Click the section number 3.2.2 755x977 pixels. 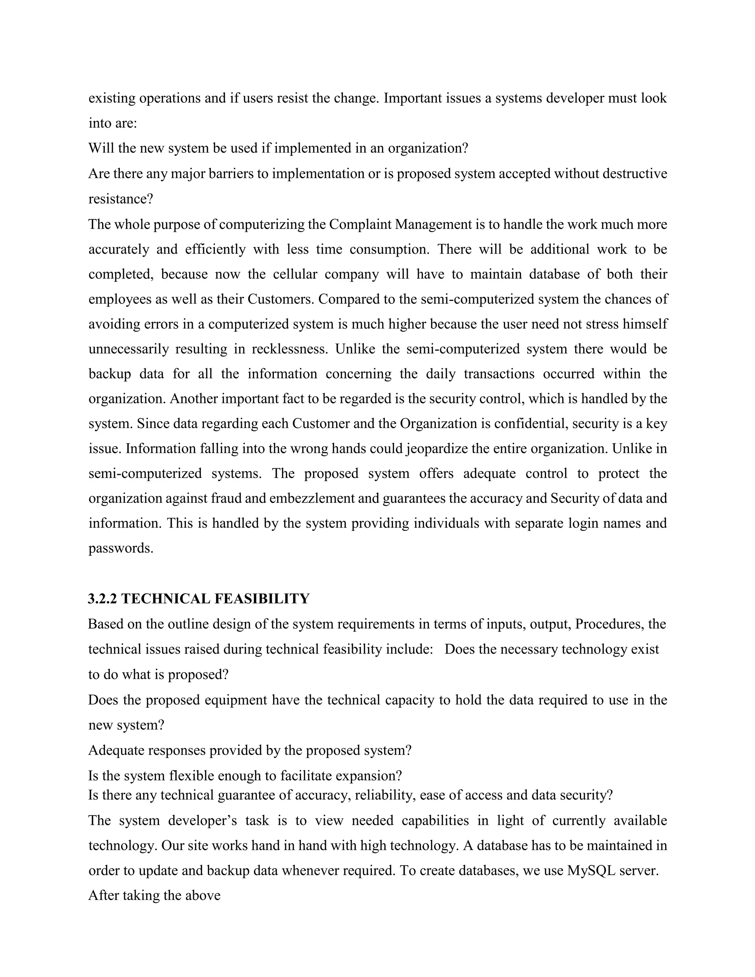tap(102, 599)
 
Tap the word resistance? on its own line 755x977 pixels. tap(120, 199)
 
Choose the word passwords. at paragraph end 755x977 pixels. tap(121, 549)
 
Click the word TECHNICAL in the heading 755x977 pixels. tap(164, 599)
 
